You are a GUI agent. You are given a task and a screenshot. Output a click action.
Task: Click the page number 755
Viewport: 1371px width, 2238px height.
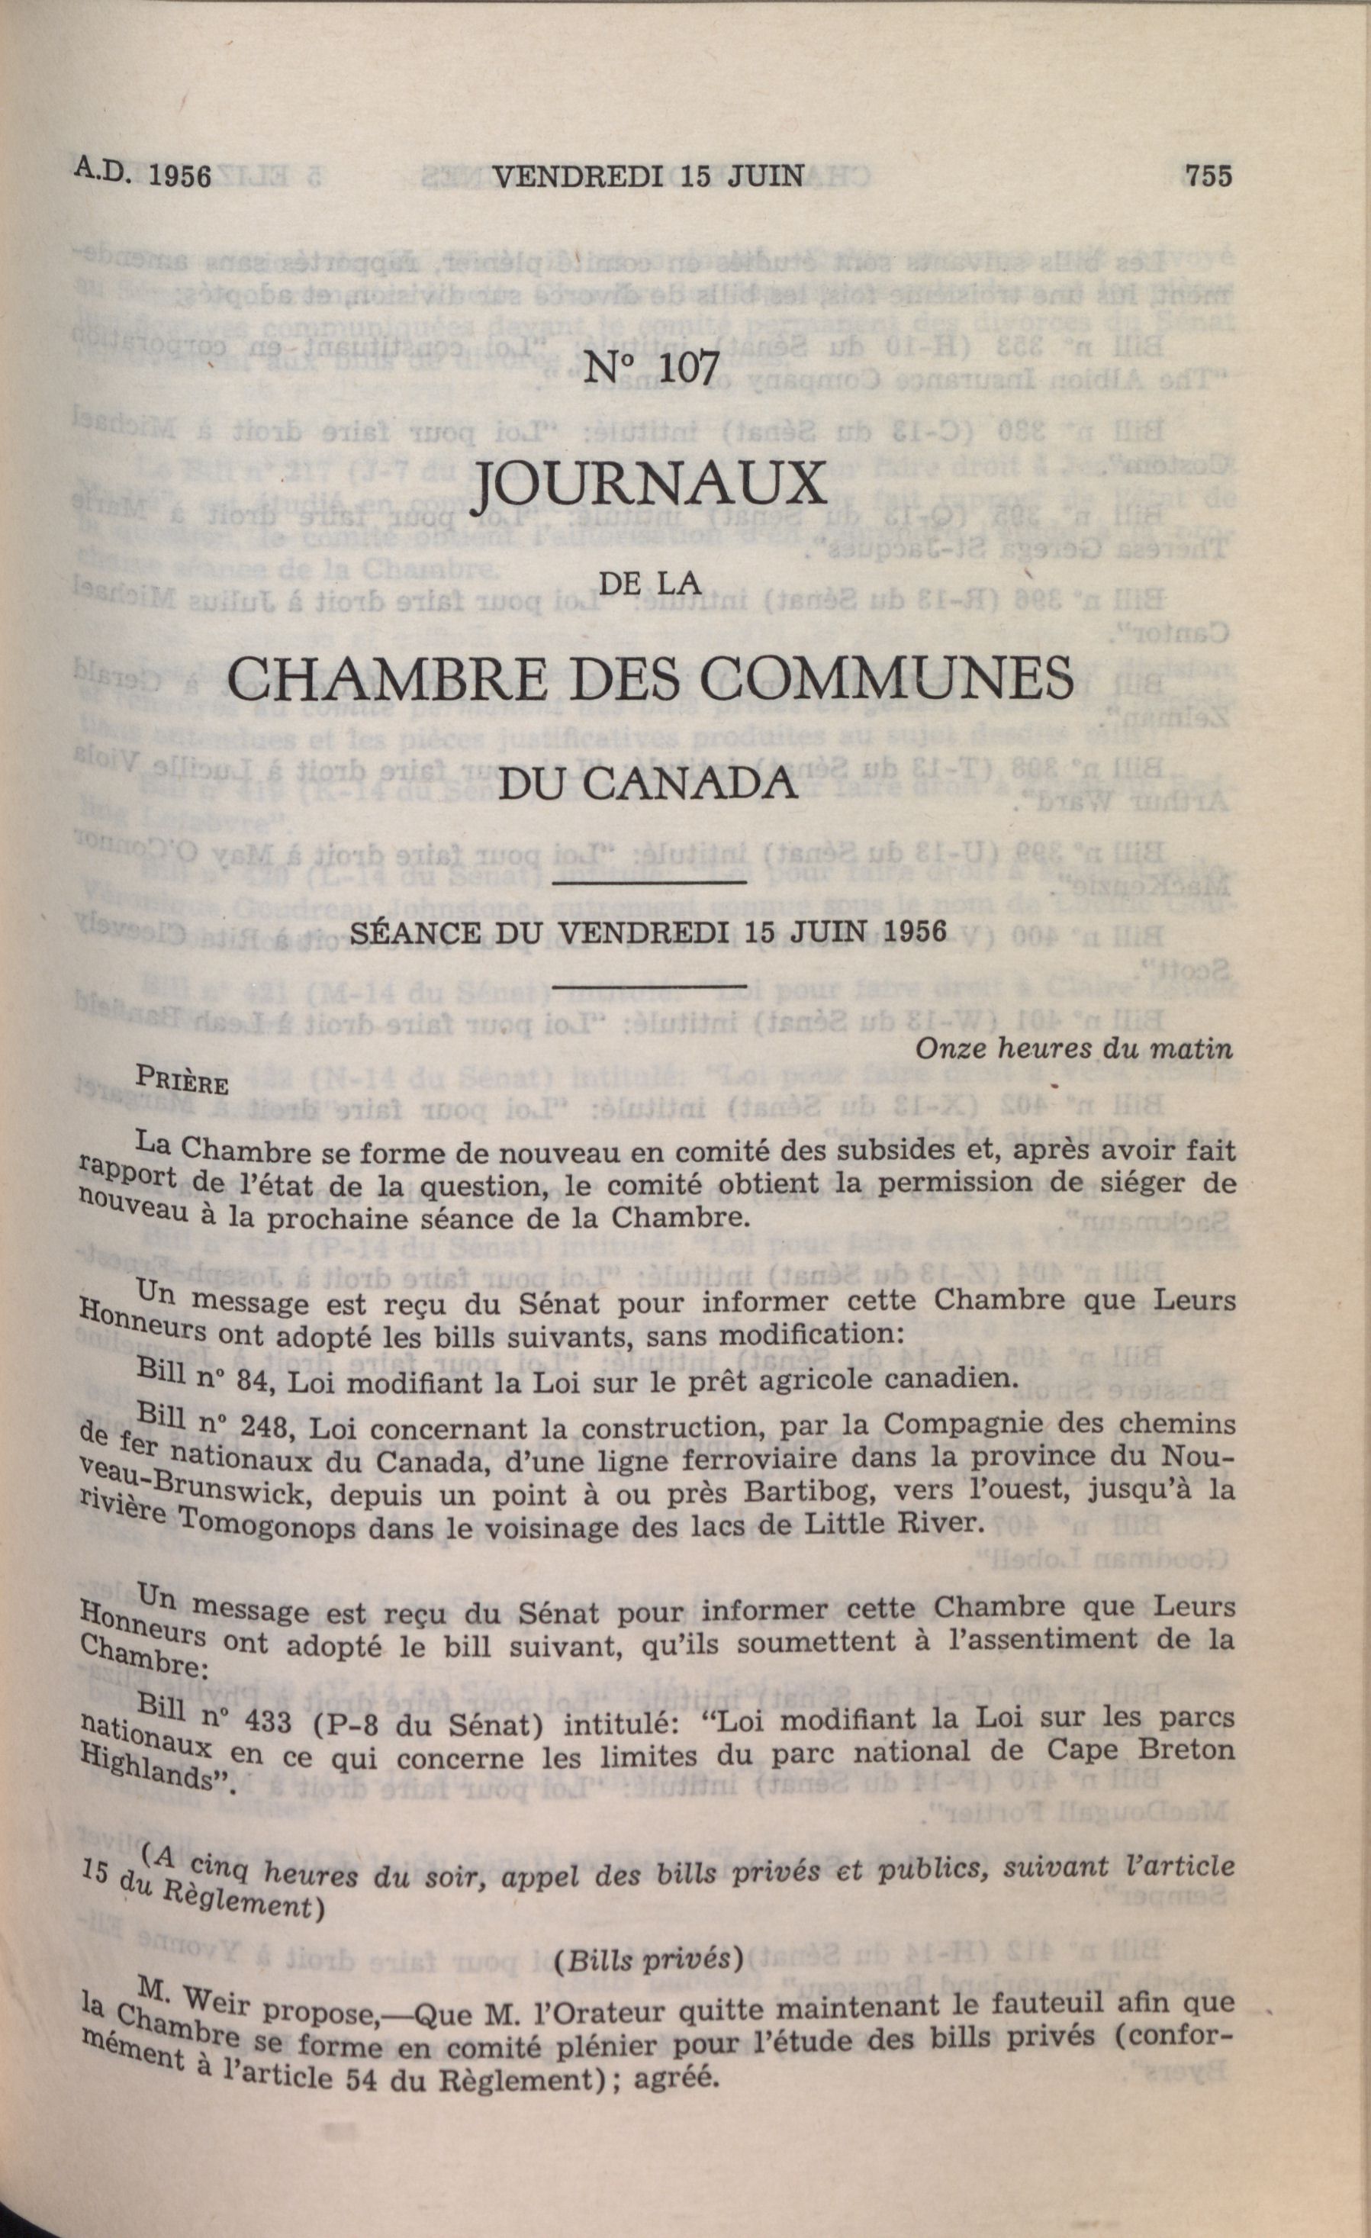1208,176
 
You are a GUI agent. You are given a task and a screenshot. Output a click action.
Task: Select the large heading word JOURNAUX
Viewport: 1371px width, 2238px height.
651,486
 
